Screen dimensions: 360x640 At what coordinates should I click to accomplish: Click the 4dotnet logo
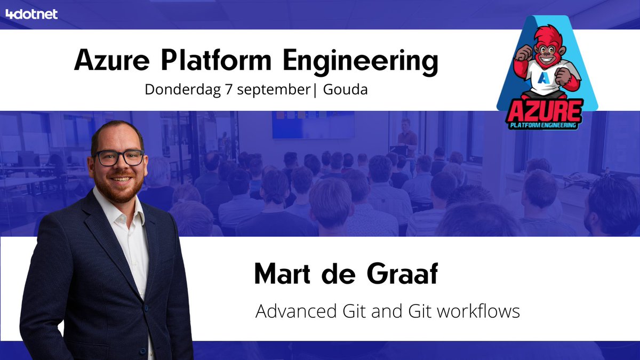point(31,14)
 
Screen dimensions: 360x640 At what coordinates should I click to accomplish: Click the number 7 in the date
point(223,89)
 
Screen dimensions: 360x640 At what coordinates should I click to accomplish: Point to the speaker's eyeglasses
point(119,157)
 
